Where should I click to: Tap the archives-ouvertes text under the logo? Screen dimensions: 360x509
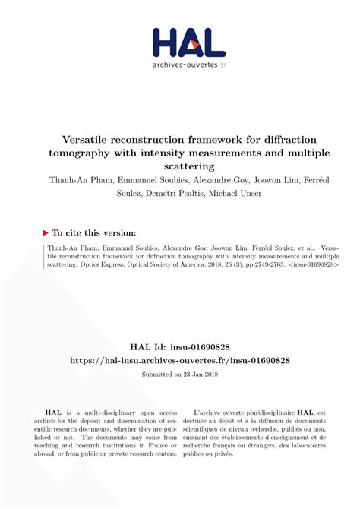185,65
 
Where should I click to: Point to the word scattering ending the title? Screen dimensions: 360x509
179,165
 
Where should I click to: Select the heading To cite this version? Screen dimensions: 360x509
95,232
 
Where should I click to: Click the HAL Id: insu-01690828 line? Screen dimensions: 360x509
179,344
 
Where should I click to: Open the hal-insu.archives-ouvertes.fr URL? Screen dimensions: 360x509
179,359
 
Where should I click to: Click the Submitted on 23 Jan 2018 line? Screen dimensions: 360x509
179,375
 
